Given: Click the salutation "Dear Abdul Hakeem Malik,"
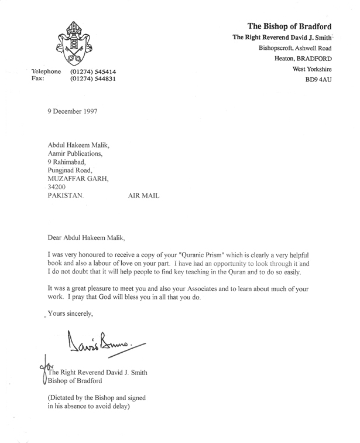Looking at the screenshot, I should (x=86, y=238).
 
